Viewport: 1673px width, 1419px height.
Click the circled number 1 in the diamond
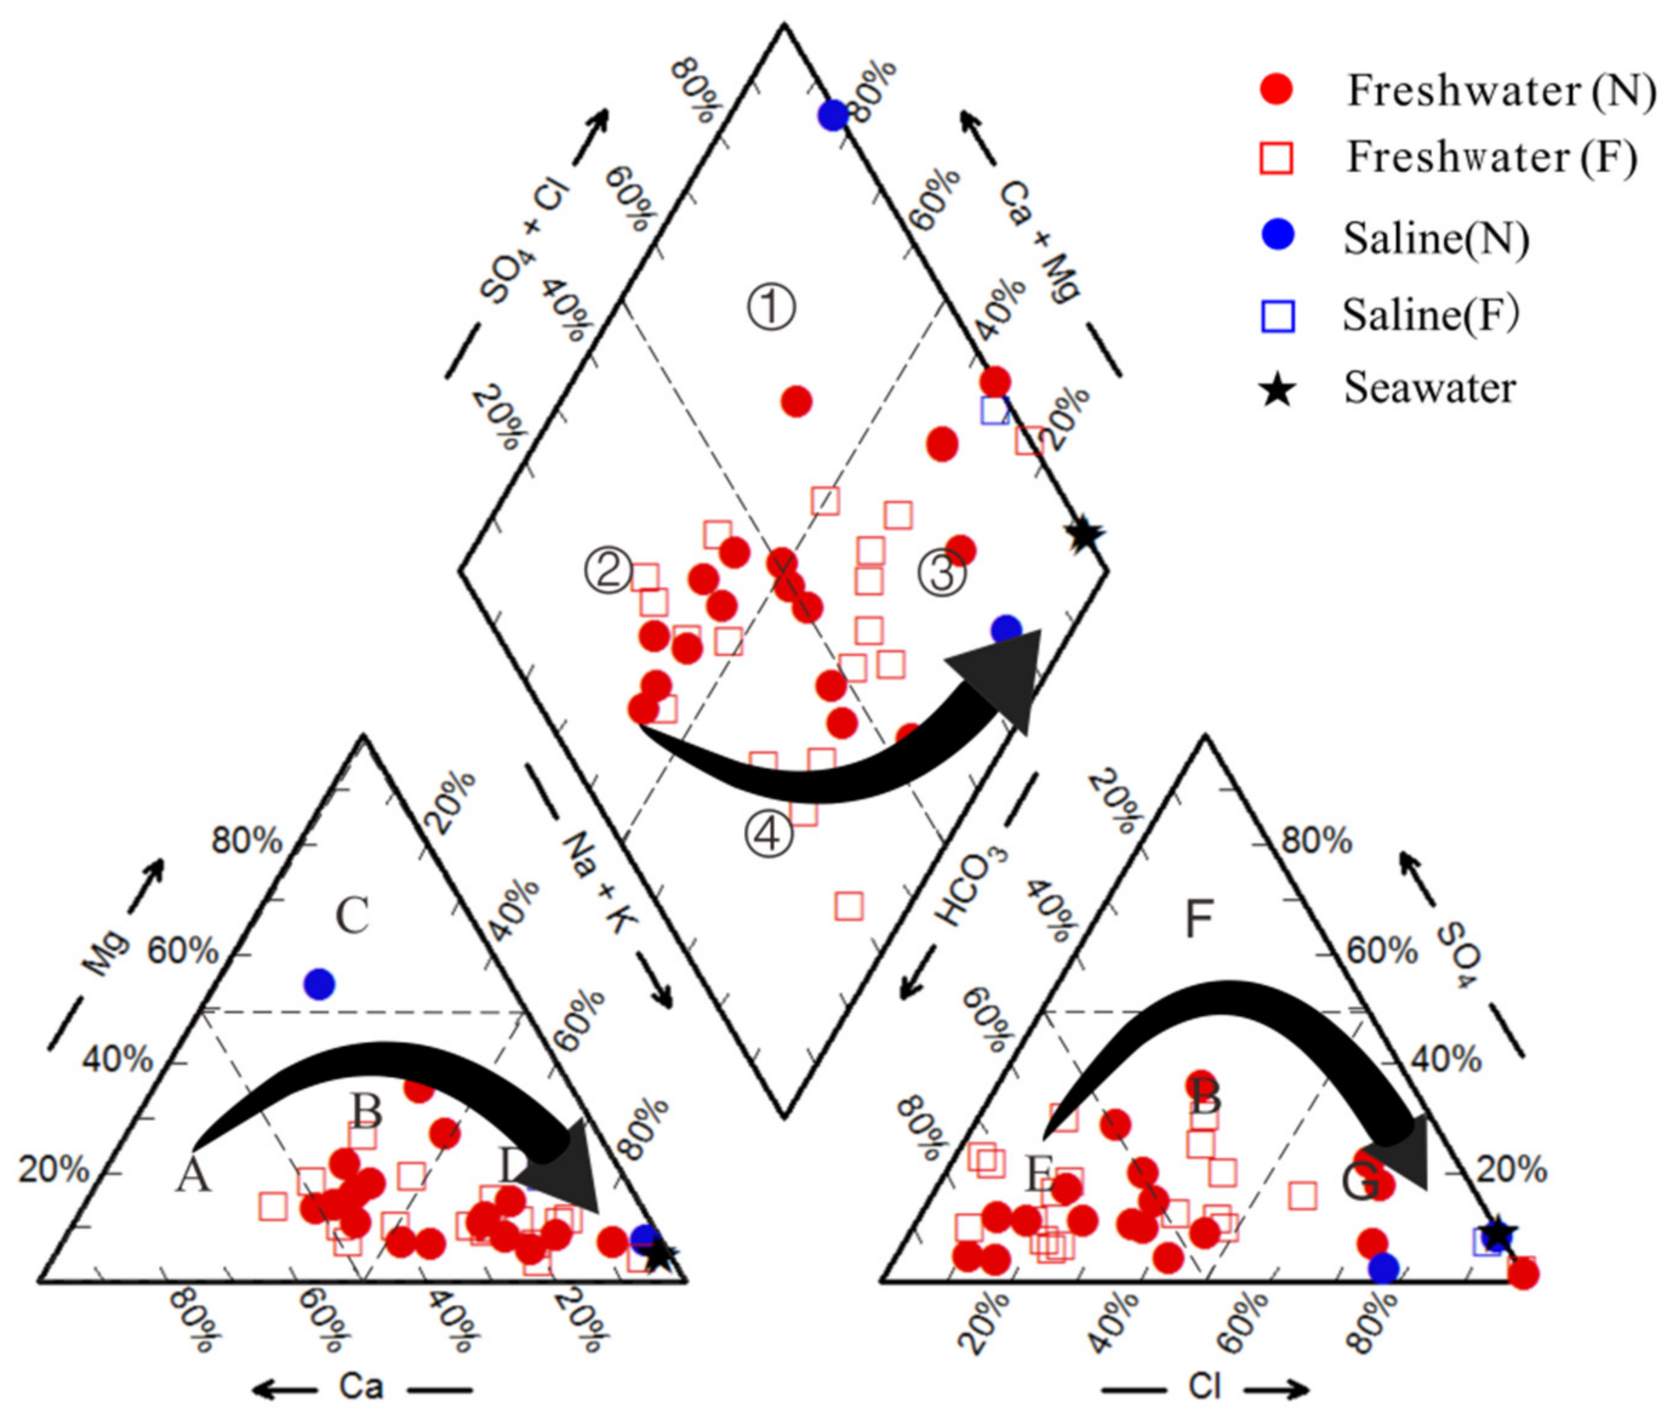tap(771, 308)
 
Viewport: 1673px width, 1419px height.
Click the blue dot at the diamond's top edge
tap(833, 115)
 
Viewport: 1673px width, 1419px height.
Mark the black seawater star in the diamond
tap(1084, 532)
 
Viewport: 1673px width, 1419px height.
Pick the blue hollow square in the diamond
tap(995, 411)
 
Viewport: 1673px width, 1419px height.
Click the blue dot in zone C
tap(319, 983)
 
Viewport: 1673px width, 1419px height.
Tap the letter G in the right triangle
tap(1360, 1182)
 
